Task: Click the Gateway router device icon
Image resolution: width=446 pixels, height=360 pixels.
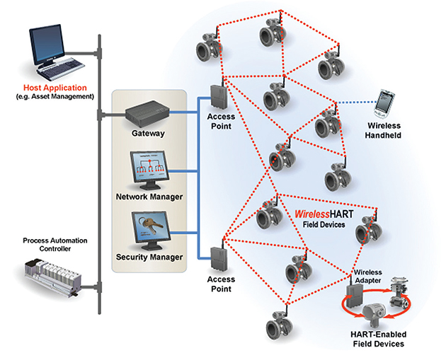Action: tap(147, 113)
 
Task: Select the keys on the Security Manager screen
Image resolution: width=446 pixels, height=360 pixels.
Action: tap(150, 224)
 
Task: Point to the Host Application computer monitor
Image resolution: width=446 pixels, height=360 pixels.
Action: tap(47, 45)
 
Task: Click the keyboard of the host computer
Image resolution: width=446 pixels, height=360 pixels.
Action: tap(61, 69)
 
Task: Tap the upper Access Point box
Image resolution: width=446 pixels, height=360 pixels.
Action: tap(219, 97)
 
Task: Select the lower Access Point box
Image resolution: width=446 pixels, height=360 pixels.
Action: tap(219, 259)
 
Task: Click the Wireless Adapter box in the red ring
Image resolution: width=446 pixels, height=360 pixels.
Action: tap(355, 296)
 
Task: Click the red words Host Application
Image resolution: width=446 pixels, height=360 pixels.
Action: tap(55, 88)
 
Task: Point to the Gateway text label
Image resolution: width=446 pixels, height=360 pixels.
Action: tap(148, 133)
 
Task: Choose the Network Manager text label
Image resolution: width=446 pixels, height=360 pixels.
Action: tap(149, 197)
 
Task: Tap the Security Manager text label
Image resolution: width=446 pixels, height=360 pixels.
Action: tap(149, 257)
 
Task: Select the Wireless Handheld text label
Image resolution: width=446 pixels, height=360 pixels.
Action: tap(383, 130)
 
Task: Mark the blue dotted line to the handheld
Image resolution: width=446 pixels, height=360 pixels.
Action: tap(357, 103)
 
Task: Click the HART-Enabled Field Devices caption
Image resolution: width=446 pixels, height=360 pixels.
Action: tap(379, 339)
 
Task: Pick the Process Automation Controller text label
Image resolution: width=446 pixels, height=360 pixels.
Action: tap(55, 245)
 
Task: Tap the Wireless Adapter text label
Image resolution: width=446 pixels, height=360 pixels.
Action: tap(368, 276)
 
